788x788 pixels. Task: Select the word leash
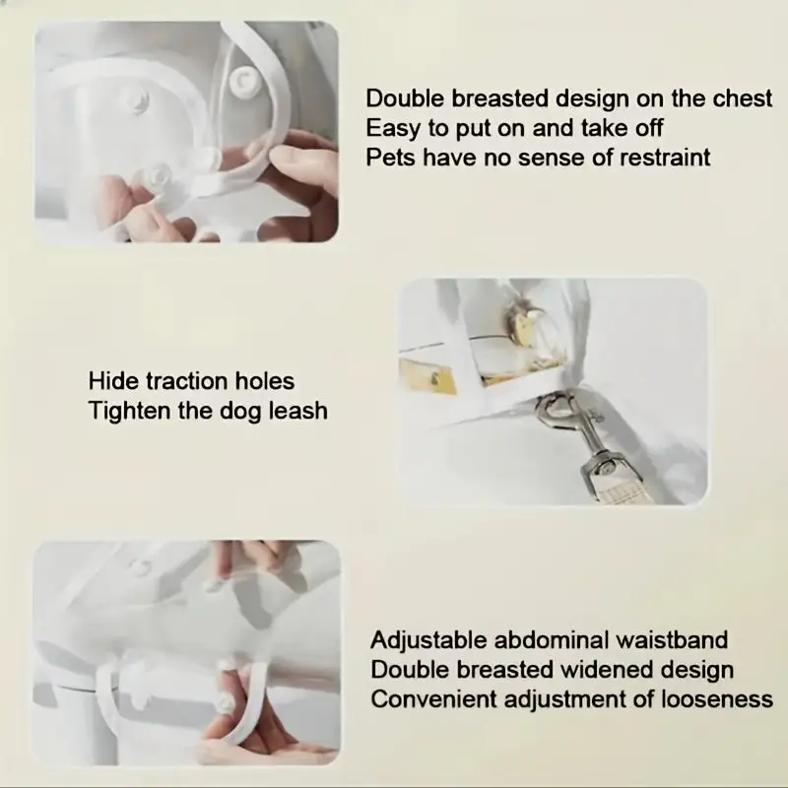point(298,411)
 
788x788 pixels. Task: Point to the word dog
point(239,412)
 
